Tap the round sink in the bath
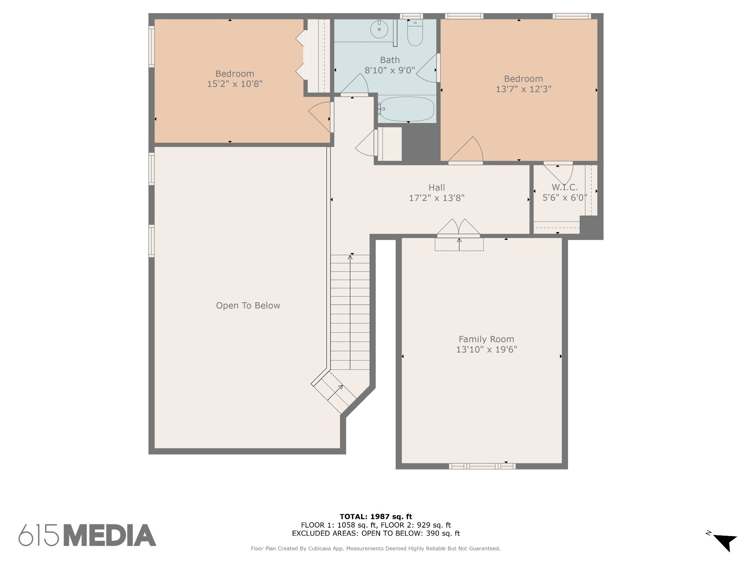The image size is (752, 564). pyautogui.click(x=379, y=29)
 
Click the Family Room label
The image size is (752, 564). pyautogui.click(x=486, y=339)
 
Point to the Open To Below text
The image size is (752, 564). pyautogui.click(x=248, y=305)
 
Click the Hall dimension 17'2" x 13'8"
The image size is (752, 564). pyautogui.click(x=437, y=198)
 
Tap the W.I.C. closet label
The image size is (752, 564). pyautogui.click(x=564, y=187)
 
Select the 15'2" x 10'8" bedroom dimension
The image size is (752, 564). pyautogui.click(x=235, y=84)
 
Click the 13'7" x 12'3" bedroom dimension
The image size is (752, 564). pyautogui.click(x=524, y=89)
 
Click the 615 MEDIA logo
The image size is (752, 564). pyautogui.click(x=87, y=535)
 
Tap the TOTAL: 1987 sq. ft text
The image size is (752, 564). pyautogui.click(x=376, y=517)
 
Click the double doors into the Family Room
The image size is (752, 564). pyautogui.click(x=459, y=228)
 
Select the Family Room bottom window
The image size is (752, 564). pyautogui.click(x=482, y=466)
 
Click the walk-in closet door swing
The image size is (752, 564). pyautogui.click(x=558, y=173)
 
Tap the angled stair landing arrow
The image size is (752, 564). pyautogui.click(x=335, y=393)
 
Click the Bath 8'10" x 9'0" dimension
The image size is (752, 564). pyautogui.click(x=390, y=70)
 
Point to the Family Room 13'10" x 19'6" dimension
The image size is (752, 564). pyautogui.click(x=487, y=349)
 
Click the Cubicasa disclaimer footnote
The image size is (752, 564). pyautogui.click(x=376, y=549)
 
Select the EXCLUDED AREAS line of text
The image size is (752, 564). pyautogui.click(x=376, y=533)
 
